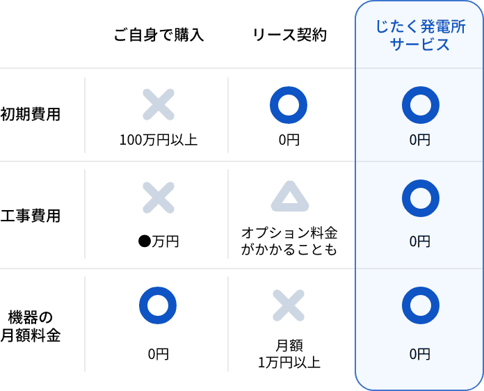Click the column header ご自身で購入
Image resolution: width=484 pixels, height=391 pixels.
[159, 35]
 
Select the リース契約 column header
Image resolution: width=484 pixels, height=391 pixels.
[289, 35]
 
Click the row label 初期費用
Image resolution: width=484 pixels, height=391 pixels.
[31, 115]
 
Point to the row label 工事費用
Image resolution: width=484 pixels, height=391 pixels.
[31, 216]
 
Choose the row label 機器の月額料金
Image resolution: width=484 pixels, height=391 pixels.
[31, 326]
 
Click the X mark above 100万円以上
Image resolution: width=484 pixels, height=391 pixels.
[159, 104]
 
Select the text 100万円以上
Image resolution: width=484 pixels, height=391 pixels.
[159, 140]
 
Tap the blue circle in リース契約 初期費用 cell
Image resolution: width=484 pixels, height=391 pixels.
[289, 104]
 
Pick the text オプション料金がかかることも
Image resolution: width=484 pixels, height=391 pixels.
[289, 240]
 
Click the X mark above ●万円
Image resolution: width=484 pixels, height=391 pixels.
[159, 198]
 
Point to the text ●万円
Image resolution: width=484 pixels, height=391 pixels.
[159, 241]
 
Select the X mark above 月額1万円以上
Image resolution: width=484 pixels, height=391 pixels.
[289, 305]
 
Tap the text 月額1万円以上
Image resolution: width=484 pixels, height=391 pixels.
[289, 353]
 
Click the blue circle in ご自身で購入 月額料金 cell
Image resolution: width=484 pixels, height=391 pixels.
[158, 305]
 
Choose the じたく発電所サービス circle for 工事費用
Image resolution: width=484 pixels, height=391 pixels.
[420, 198]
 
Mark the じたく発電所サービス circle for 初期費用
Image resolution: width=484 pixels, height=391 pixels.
[420, 104]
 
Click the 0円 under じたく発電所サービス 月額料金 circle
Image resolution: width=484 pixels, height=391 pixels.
[420, 354]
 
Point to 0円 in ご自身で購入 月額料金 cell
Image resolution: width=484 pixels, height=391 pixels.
[158, 354]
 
